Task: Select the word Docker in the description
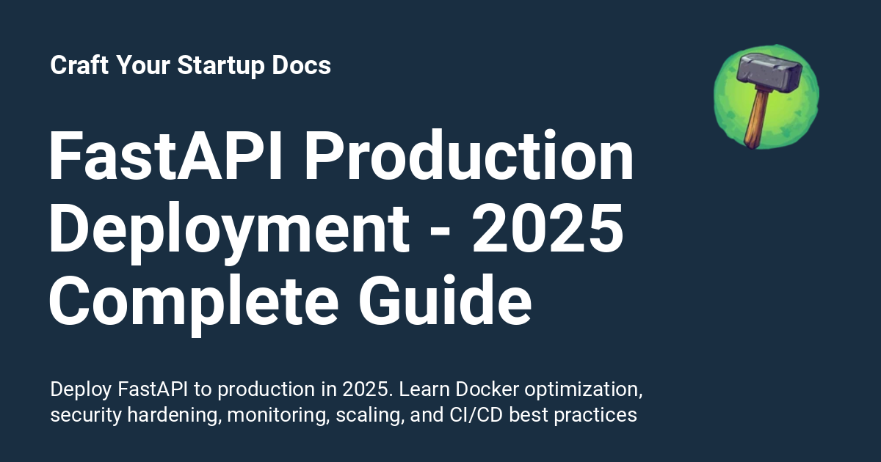coord(476,389)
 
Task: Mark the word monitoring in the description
coord(278,415)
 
